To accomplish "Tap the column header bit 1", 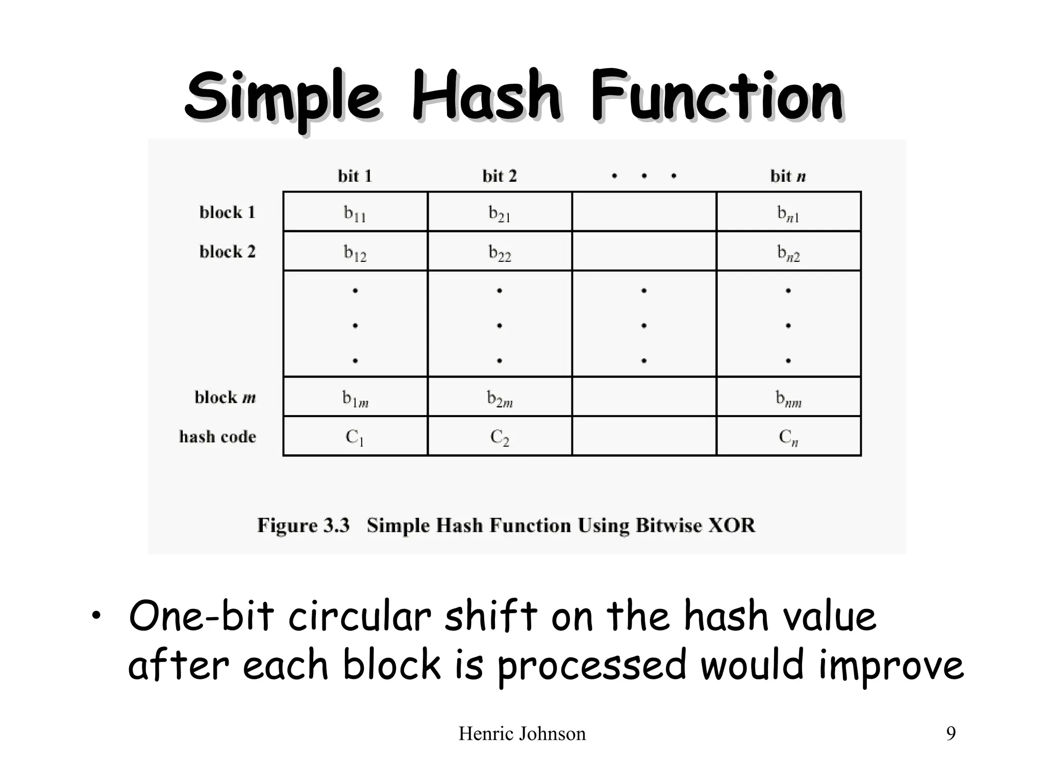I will point(355,176).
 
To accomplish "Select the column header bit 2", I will point(500,176).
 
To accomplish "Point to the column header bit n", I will point(788,176).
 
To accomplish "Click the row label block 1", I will point(227,212).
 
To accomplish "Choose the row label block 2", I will point(227,252).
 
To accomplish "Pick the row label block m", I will point(225,398).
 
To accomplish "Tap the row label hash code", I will point(217,437).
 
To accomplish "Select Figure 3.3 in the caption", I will point(303,525).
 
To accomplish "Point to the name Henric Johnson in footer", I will point(522,733).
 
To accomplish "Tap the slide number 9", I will point(951,733).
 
